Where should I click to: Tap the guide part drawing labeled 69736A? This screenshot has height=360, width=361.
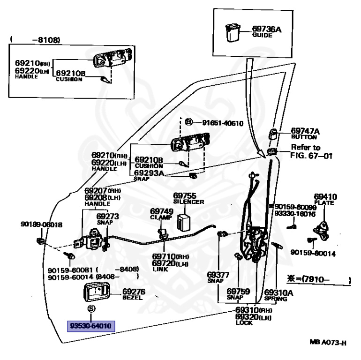tap(233, 33)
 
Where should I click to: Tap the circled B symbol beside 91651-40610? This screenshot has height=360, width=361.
tap(188, 123)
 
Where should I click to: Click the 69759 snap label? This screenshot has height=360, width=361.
tap(238, 294)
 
